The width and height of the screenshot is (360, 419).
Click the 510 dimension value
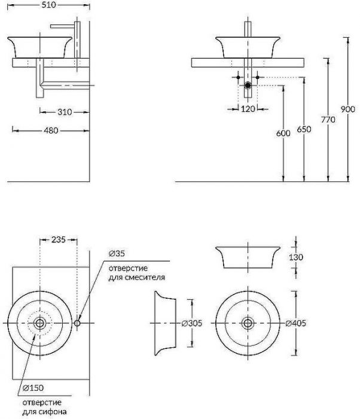[49, 5]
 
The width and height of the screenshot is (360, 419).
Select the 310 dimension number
[65, 112]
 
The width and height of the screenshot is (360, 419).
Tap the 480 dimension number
[51, 130]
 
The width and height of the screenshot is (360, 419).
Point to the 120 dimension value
[248, 109]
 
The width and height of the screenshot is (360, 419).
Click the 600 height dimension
[283, 133]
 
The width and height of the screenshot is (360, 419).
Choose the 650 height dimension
[304, 129]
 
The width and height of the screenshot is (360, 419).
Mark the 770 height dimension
[328, 120]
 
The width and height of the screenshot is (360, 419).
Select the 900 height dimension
[348, 109]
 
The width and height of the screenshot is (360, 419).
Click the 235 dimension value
[59, 239]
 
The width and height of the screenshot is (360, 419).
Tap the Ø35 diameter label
[117, 253]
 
